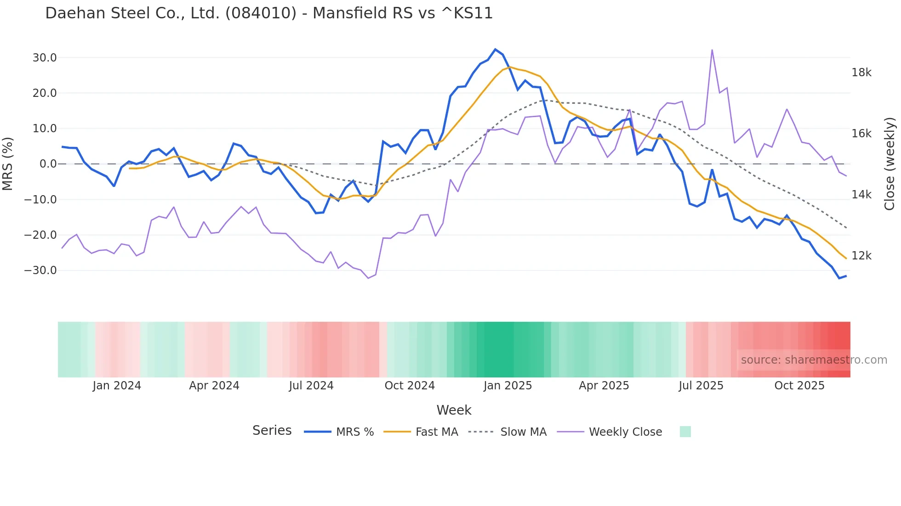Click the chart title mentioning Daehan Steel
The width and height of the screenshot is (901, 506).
point(269,13)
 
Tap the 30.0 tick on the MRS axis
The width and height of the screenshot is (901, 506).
point(45,58)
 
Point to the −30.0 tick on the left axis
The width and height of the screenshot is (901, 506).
point(40,270)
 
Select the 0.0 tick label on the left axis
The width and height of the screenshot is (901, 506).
point(48,164)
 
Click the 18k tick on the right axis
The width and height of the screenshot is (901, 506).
point(861,73)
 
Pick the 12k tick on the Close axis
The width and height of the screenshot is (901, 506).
point(861,256)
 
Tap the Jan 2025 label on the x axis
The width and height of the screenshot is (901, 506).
point(508,386)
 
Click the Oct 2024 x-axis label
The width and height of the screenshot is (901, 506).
point(410,386)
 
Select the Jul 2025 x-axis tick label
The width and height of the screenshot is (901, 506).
point(701,386)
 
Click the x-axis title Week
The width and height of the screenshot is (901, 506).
point(454,410)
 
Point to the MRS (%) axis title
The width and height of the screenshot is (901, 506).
point(8,164)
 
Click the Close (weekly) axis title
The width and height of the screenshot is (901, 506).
point(890,164)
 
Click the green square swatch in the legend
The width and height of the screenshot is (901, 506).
point(685,432)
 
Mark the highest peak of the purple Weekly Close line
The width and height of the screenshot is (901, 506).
point(712,50)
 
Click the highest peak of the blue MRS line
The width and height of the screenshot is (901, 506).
point(495,49)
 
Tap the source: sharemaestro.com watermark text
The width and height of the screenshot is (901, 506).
point(814,360)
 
